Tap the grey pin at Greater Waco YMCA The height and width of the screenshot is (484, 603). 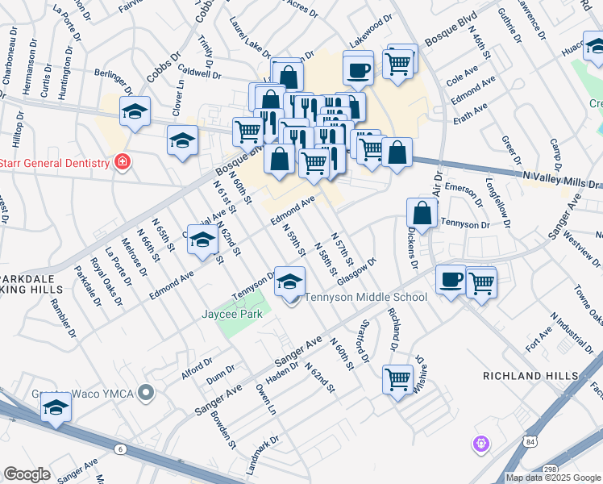(145, 393)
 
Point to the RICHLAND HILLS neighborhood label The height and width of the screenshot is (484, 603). (530, 376)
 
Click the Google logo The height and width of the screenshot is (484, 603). (27, 474)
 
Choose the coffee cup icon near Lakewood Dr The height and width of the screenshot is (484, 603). (358, 68)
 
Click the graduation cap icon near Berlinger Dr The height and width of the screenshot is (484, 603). (135, 112)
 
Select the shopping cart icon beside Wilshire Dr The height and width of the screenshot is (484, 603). (397, 379)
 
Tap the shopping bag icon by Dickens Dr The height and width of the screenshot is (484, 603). (422, 213)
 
